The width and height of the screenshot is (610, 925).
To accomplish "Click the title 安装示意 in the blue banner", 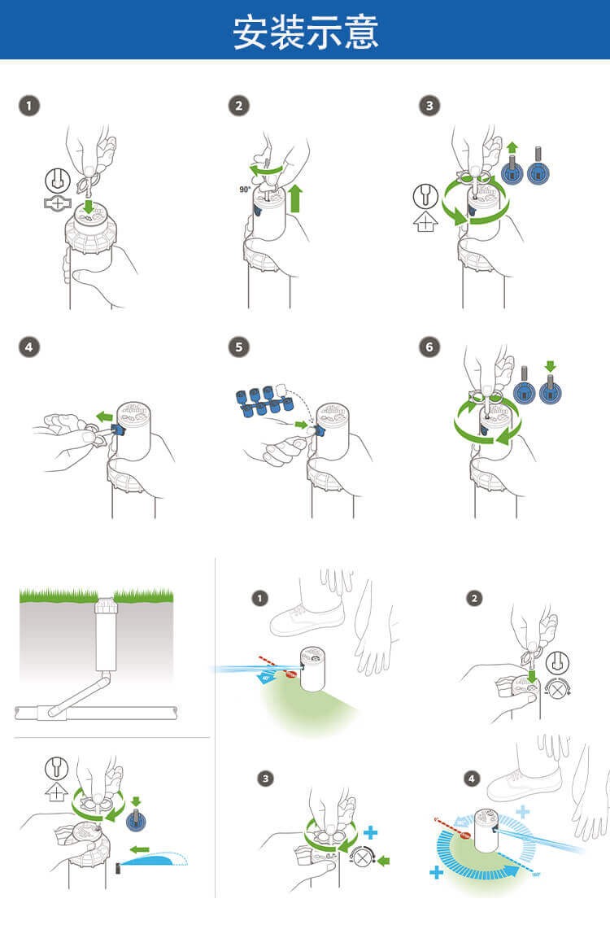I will pyautogui.click(x=305, y=32).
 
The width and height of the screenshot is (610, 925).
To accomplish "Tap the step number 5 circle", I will pyautogui.click(x=237, y=347).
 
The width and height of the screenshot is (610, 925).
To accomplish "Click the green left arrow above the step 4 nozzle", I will pyautogui.click(x=104, y=417).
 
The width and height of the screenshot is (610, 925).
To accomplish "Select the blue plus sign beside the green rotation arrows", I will pyautogui.click(x=371, y=832).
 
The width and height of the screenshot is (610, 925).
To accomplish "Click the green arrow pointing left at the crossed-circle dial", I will pyautogui.click(x=385, y=861).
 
